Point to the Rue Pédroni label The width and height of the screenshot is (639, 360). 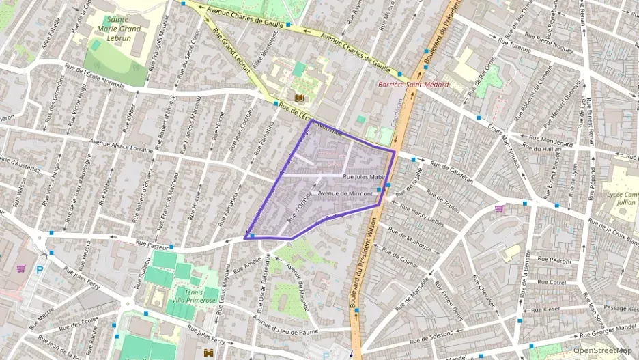tap(554, 260)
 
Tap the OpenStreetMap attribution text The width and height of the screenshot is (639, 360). tap(603, 350)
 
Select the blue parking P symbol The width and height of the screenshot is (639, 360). tap(40, 271)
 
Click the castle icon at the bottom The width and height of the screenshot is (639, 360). tap(208, 352)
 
